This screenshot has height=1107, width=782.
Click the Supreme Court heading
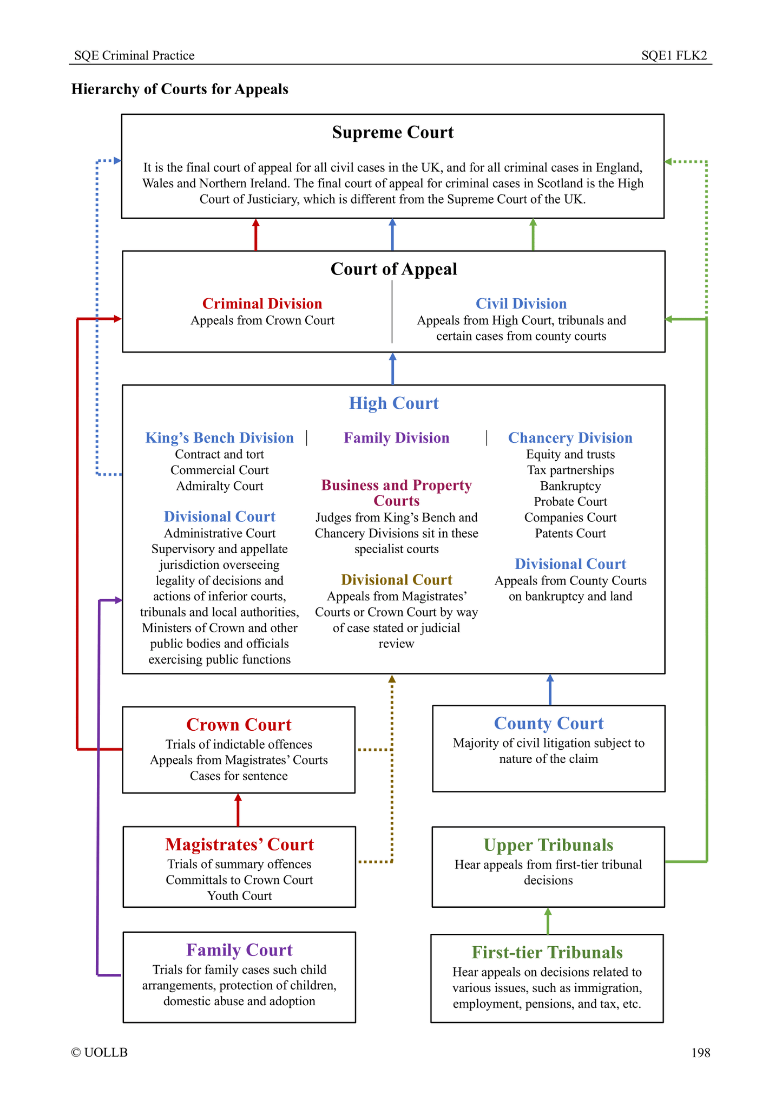(x=393, y=133)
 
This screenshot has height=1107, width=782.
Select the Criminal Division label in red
(x=262, y=304)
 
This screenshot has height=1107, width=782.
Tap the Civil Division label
(x=521, y=304)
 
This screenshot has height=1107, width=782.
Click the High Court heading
(x=393, y=403)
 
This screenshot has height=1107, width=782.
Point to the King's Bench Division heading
(x=219, y=438)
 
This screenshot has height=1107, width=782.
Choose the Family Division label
(x=397, y=438)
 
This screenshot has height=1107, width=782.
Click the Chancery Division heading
(x=570, y=438)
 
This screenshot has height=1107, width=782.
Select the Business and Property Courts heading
(x=397, y=493)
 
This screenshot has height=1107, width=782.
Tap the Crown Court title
(x=239, y=725)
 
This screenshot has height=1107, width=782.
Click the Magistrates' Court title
(x=239, y=844)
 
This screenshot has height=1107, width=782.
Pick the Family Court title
(x=239, y=950)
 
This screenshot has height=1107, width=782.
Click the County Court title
(x=549, y=724)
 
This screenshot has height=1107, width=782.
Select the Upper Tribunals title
(x=548, y=845)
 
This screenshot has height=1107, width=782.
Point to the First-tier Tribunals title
(x=547, y=952)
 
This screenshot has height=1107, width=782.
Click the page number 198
(x=700, y=1053)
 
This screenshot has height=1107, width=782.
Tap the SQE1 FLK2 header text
(x=674, y=56)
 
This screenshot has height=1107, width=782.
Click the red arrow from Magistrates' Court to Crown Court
(x=238, y=810)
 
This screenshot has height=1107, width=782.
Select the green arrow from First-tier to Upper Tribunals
(x=548, y=921)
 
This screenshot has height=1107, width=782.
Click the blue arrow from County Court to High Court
(x=550, y=690)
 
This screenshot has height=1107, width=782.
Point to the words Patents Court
(x=570, y=533)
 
